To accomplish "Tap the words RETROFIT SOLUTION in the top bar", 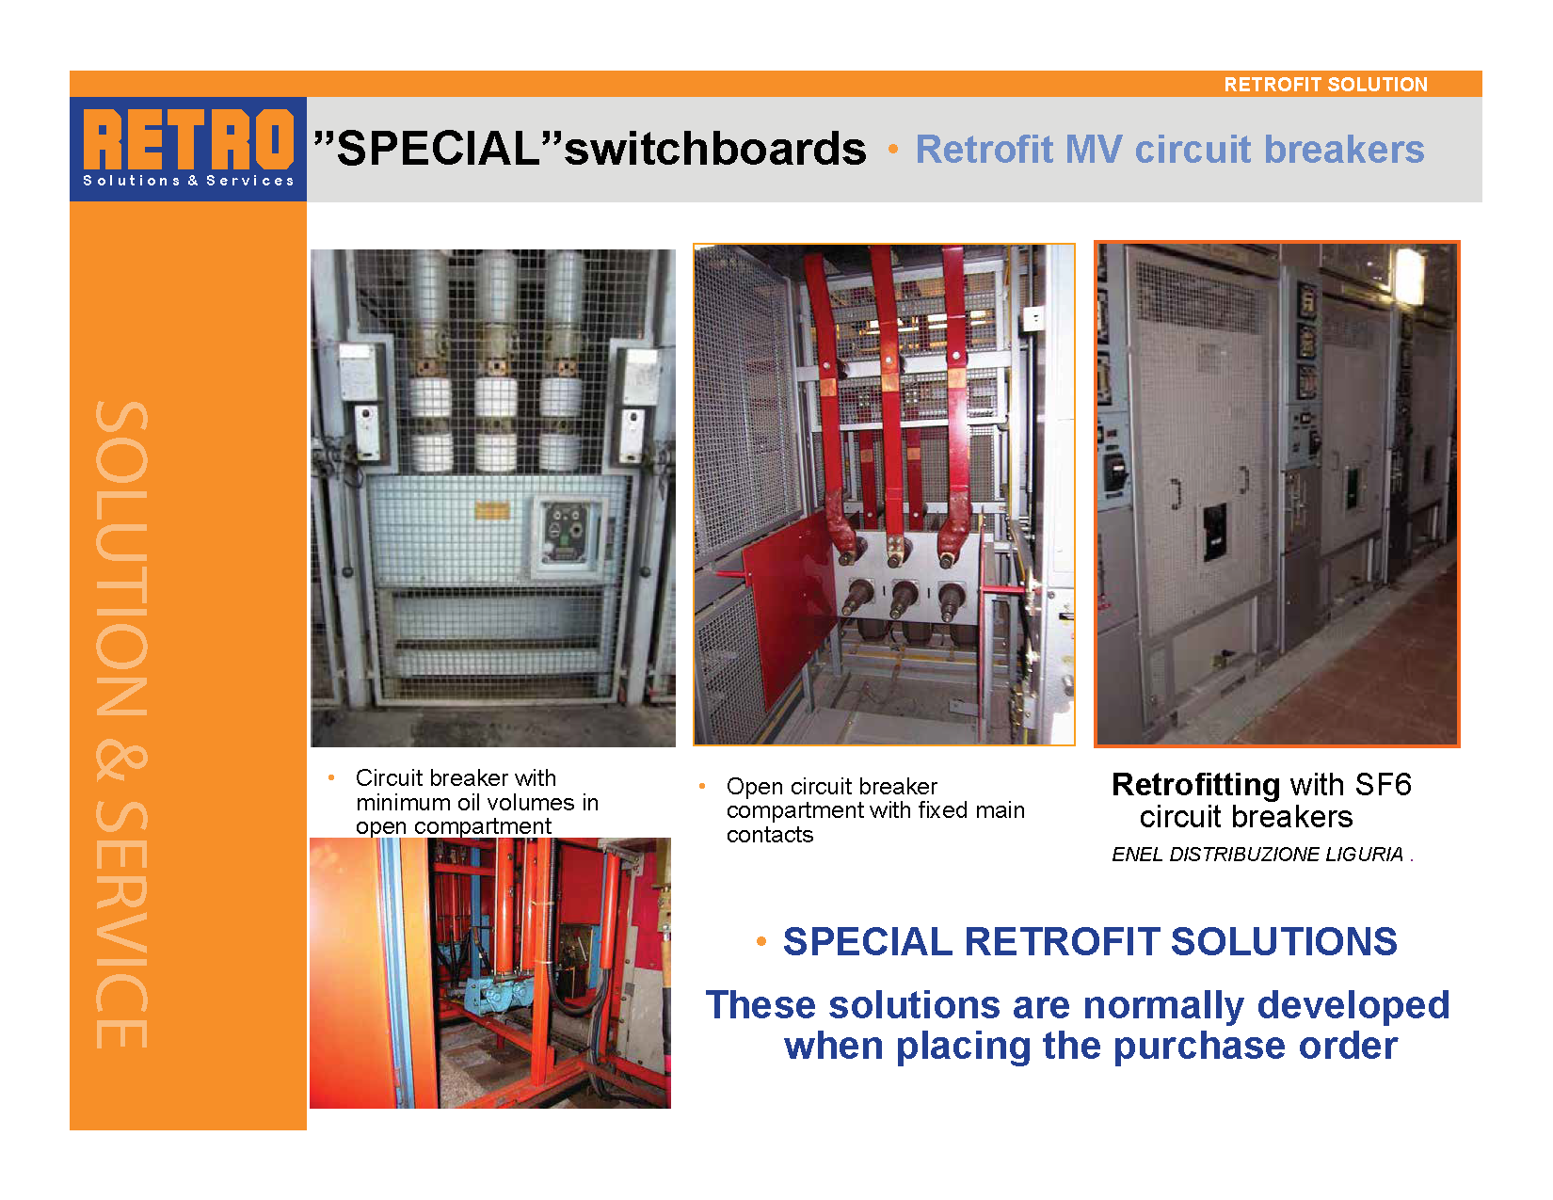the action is (x=1326, y=85).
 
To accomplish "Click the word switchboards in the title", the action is (x=715, y=149).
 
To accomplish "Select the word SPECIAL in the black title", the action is (x=439, y=149).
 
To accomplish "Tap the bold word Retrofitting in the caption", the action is (x=1195, y=786).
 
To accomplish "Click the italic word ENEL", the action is (x=1137, y=854).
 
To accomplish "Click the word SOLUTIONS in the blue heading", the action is (x=1284, y=941).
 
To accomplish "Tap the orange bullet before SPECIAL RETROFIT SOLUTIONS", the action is (x=761, y=942).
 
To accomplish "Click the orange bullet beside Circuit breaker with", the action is (x=331, y=777).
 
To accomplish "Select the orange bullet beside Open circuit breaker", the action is (x=702, y=786).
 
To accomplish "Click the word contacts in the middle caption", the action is (x=770, y=835).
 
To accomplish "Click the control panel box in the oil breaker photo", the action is (x=565, y=533).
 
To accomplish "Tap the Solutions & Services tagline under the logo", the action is (x=188, y=181).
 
